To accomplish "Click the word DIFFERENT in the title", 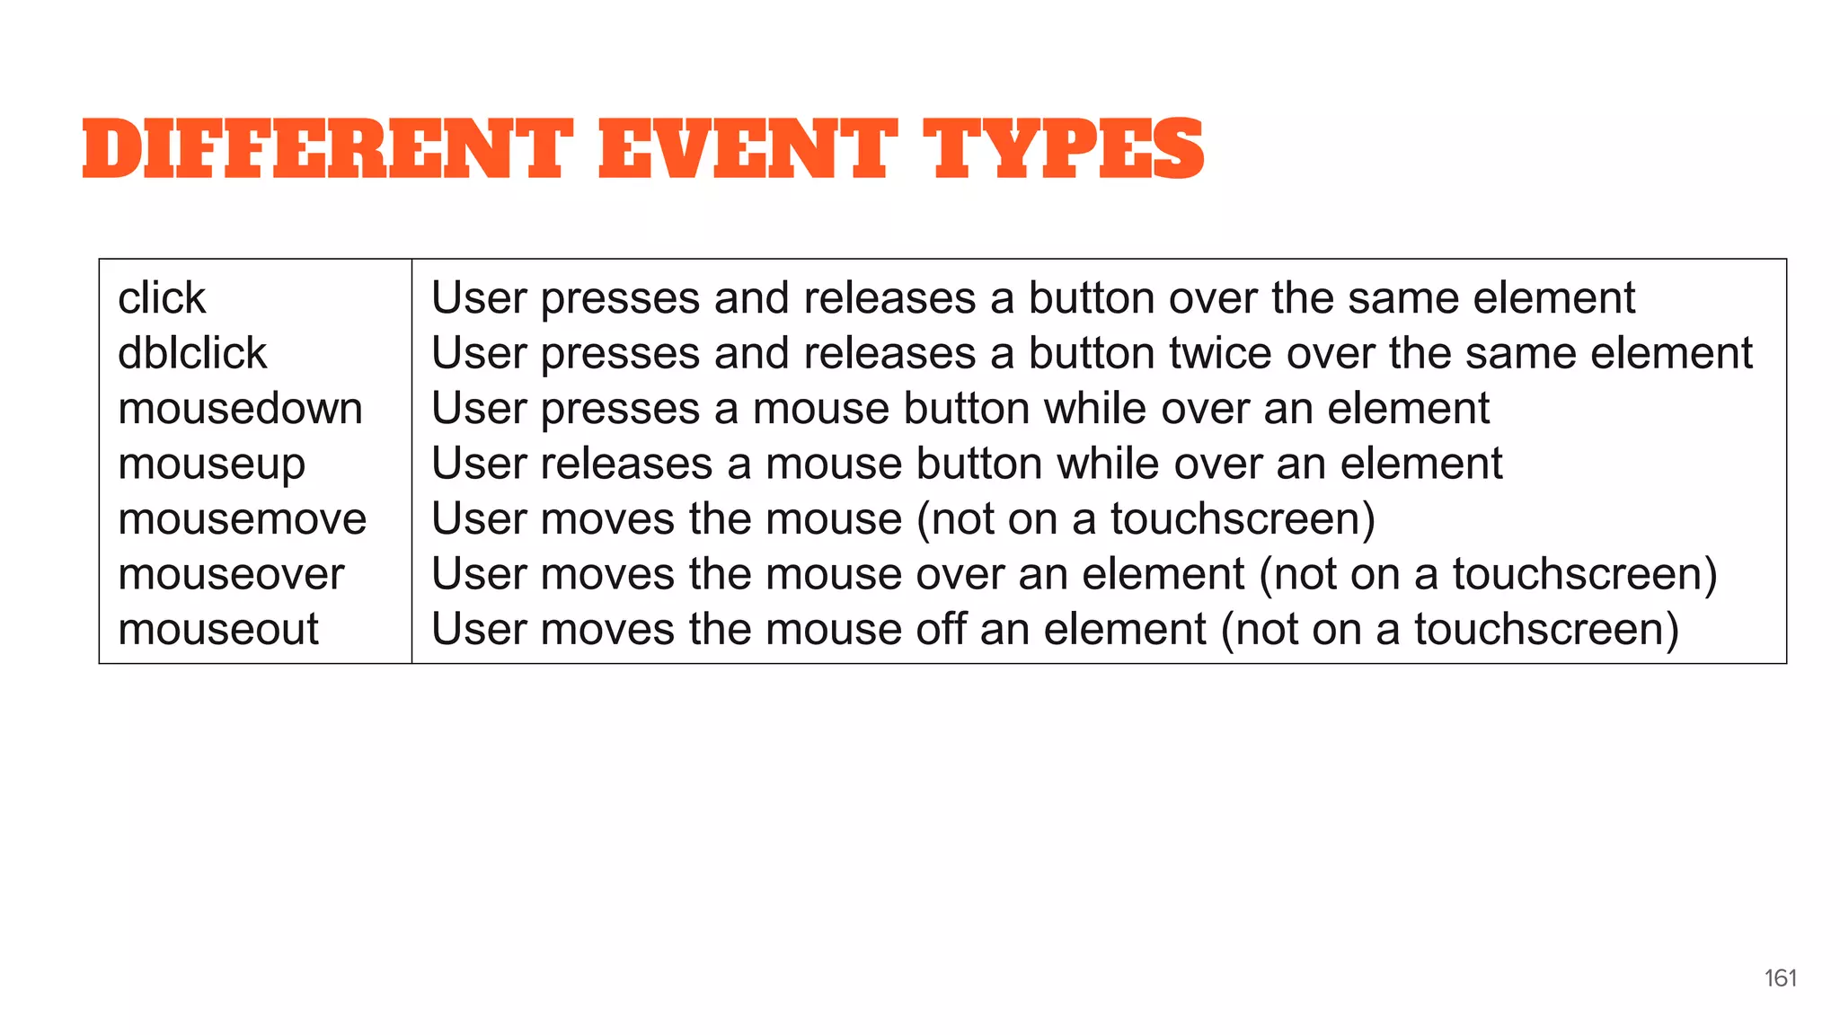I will pyautogui.click(x=327, y=149).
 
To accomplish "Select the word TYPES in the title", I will pyautogui.click(x=1064, y=149).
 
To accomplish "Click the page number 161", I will pyautogui.click(x=1780, y=978).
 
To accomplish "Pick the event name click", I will pyautogui.click(x=162, y=298).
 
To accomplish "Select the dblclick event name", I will pyautogui.click(x=192, y=353).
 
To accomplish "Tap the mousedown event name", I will pyautogui.click(x=240, y=409).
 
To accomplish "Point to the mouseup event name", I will pyautogui.click(x=211, y=464).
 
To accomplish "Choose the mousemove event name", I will pyautogui.click(x=242, y=519).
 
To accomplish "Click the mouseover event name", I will pyautogui.click(x=231, y=574).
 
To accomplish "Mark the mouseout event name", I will pyautogui.click(x=218, y=629).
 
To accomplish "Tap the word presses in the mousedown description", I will pyautogui.click(x=620, y=410).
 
